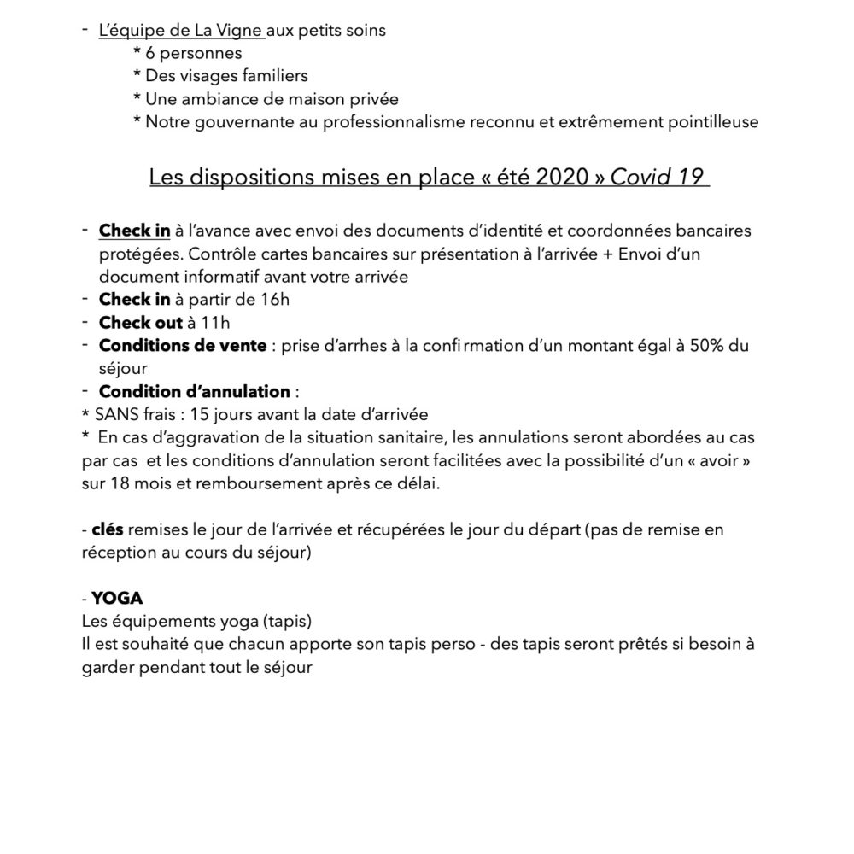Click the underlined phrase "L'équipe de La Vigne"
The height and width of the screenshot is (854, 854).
coord(182,31)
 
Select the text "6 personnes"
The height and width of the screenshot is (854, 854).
coord(188,54)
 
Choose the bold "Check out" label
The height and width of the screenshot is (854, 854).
coord(141,323)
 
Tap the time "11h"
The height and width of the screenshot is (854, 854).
coord(214,323)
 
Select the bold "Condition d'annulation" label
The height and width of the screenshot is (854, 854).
coord(195,392)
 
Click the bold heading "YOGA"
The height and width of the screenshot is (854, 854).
coord(117,600)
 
